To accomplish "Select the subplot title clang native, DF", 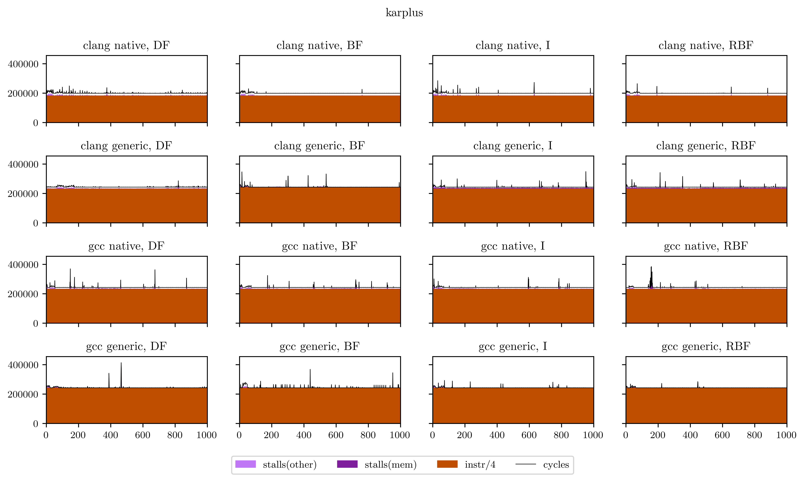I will (126, 46).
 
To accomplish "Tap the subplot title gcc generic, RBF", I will (706, 346).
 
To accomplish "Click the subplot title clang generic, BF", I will (319, 146).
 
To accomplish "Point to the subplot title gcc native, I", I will (513, 246).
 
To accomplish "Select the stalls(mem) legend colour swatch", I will (347, 464).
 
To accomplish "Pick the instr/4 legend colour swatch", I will (447, 464).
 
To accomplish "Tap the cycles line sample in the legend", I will (525, 464).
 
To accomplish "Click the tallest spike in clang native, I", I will (534, 83).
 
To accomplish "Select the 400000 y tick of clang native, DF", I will (23, 64).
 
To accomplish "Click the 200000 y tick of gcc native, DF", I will (23, 294).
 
